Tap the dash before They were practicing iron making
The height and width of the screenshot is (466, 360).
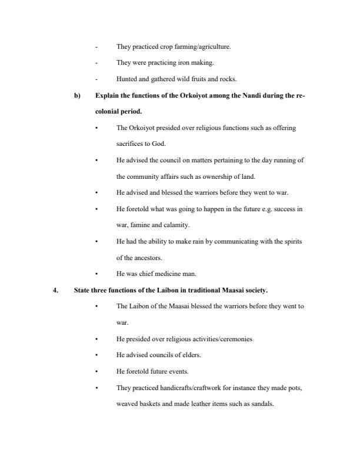click(x=96, y=62)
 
